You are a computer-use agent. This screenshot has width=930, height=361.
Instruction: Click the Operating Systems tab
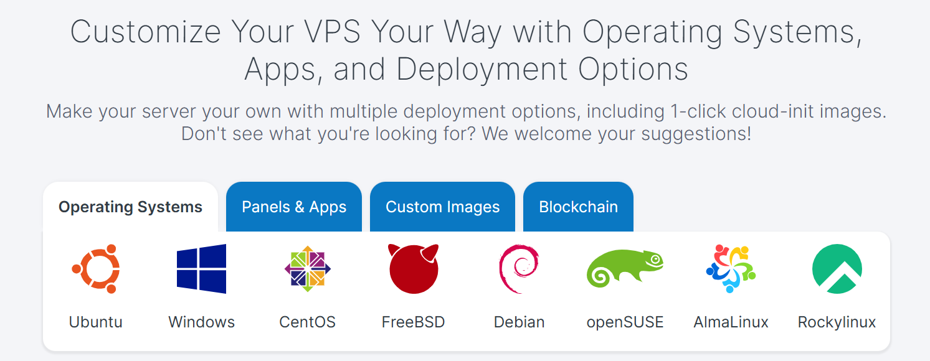click(130, 207)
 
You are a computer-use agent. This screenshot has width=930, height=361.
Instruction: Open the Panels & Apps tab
click(294, 207)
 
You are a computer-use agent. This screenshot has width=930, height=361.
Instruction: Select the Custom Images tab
click(443, 207)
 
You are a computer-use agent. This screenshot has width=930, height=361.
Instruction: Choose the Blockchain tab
click(578, 207)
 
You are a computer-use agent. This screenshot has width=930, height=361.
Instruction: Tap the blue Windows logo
click(201, 269)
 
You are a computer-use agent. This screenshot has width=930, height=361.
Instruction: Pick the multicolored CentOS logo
click(308, 269)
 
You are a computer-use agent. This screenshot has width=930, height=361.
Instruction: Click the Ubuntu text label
click(95, 322)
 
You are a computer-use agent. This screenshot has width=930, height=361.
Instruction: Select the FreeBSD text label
click(414, 322)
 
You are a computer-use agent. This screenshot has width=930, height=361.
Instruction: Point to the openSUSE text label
click(625, 322)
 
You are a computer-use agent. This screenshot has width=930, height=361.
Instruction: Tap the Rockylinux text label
click(837, 322)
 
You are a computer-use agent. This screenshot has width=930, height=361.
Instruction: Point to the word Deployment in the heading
click(482, 69)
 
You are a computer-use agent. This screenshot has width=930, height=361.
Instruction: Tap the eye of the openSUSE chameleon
click(655, 260)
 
